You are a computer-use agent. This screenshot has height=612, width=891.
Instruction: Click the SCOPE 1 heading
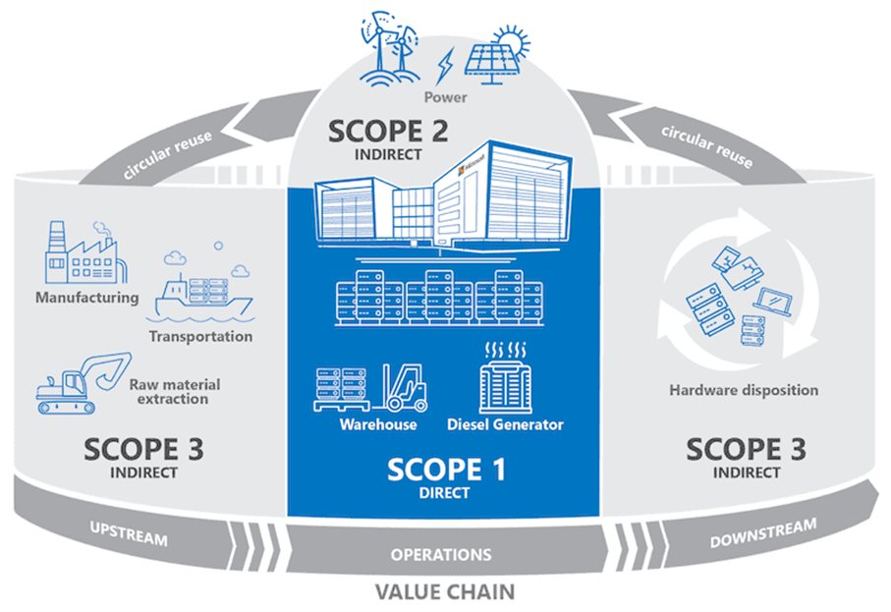tap(446, 470)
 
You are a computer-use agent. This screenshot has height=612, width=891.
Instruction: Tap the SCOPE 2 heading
tap(388, 132)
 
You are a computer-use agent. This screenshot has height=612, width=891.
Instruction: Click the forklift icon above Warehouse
tap(405, 388)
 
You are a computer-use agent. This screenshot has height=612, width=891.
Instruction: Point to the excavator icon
tap(84, 383)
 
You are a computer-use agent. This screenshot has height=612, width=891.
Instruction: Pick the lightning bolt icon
tap(445, 66)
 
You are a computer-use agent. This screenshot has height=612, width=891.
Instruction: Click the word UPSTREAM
tap(129, 533)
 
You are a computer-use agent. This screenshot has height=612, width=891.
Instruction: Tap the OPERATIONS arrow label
tap(441, 555)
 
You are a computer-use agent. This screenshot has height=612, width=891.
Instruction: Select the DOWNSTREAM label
tap(763, 533)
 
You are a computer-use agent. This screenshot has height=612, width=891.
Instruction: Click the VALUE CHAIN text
tap(445, 592)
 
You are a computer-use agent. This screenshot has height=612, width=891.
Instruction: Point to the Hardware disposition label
tap(744, 390)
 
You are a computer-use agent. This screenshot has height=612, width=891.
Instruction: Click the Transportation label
tap(200, 336)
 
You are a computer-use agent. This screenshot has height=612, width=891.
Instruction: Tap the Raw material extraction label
tap(175, 392)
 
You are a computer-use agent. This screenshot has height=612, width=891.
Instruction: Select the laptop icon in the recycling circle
tap(772, 302)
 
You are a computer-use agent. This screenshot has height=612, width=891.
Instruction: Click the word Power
tap(446, 97)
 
